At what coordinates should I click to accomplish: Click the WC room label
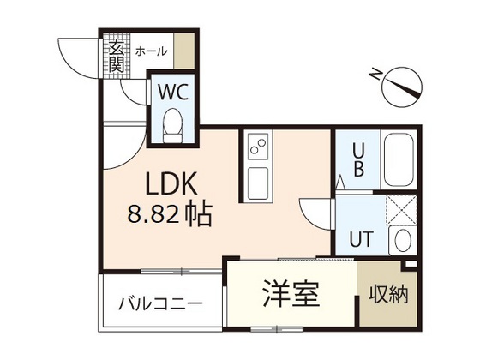tap(173, 89)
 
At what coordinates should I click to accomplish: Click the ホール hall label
tap(151, 51)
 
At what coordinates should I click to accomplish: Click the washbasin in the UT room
tap(400, 240)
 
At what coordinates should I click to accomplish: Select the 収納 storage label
tap(388, 294)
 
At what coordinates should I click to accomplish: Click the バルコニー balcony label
tap(160, 304)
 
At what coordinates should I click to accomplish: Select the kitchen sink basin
tap(256, 183)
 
